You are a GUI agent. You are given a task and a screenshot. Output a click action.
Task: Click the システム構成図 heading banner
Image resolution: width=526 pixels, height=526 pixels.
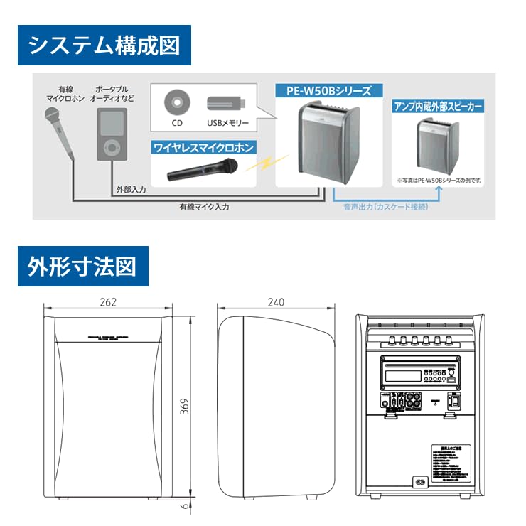click(x=104, y=45)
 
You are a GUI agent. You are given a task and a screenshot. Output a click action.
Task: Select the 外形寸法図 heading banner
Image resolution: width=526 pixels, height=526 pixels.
click(x=83, y=267)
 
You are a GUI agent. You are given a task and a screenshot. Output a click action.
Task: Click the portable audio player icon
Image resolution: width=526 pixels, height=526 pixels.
click(x=112, y=136)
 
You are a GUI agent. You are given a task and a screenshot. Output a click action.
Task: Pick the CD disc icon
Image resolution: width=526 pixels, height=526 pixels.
click(x=176, y=104)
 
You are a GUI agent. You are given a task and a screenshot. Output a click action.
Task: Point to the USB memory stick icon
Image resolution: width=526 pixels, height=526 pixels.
click(x=226, y=104)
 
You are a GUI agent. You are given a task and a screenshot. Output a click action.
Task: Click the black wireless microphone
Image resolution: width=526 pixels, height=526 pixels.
click(x=203, y=171)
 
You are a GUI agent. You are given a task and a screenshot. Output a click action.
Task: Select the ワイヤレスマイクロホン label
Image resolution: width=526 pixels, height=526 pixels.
click(x=203, y=148)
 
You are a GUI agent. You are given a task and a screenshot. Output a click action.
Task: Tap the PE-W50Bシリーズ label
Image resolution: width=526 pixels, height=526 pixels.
click(x=328, y=91)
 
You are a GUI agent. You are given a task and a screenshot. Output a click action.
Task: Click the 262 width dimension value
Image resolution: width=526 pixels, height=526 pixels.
click(x=108, y=302)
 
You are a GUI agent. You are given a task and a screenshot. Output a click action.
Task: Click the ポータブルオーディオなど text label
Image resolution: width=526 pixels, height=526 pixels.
click(x=112, y=93)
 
